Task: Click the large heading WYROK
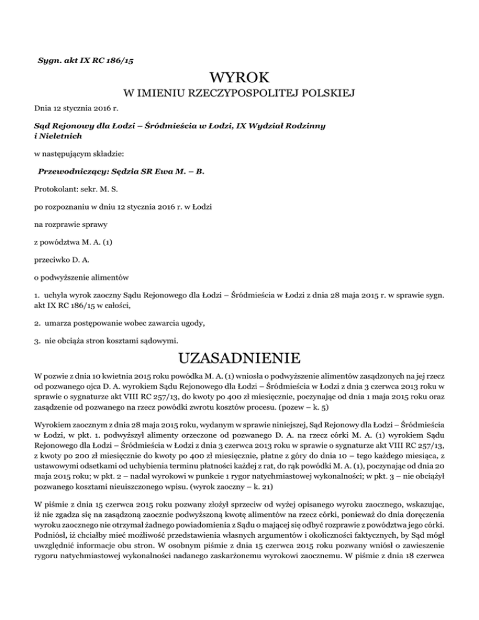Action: [239, 79]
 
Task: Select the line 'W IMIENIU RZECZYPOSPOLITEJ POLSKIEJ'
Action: [239, 94]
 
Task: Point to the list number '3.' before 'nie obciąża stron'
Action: [37, 341]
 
